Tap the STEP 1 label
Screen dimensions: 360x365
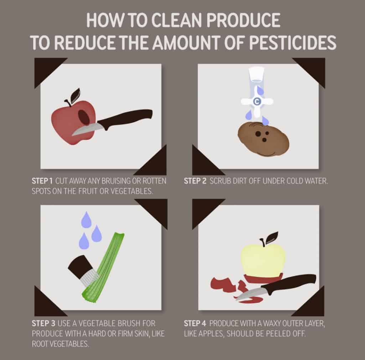click(43, 181)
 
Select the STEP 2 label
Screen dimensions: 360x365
click(195, 181)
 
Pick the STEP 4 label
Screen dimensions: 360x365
click(195, 324)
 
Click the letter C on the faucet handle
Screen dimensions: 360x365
click(256, 102)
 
